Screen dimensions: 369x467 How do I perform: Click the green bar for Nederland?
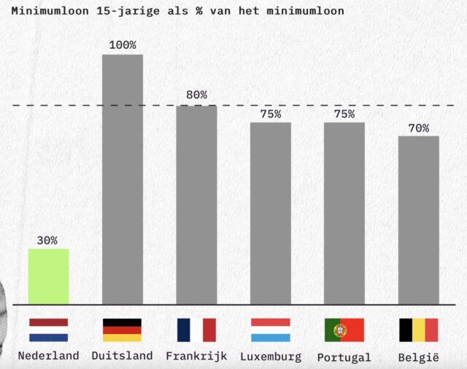pos(48,276)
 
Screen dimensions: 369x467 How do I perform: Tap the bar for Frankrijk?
pos(196,204)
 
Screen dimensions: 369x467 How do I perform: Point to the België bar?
pos(419,220)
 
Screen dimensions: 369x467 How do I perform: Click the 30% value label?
pos(47,240)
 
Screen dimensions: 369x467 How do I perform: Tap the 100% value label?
pos(123,45)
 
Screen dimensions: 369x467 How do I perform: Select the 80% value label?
pos(196,95)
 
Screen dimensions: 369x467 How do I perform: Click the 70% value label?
pos(419,128)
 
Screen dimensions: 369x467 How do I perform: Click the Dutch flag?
pos(48,330)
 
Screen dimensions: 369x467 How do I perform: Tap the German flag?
pos(123,330)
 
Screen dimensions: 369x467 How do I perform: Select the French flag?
pos(196,330)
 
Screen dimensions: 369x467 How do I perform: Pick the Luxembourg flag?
pos(271,330)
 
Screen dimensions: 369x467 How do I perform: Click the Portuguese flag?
pos(344,330)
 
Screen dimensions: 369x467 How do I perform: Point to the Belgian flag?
pos(419,330)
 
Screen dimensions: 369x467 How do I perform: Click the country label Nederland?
pos(48,356)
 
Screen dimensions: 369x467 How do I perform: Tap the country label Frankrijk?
pos(196,356)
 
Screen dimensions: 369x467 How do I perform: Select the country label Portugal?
pos(344,357)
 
